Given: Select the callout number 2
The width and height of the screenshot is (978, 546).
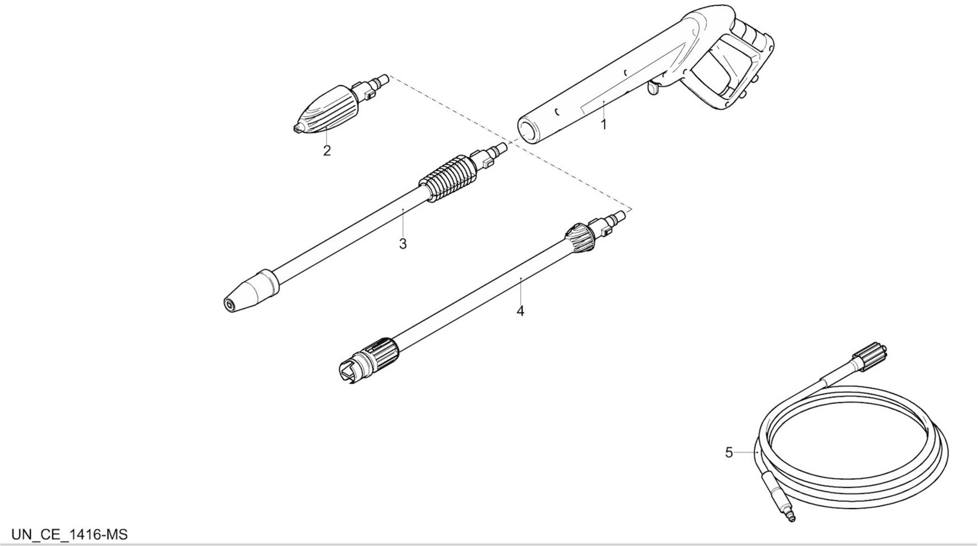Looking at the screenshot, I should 326,151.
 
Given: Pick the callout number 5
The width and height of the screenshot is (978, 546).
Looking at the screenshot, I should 729,452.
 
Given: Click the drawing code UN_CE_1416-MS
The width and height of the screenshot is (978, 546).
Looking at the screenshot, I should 70,534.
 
